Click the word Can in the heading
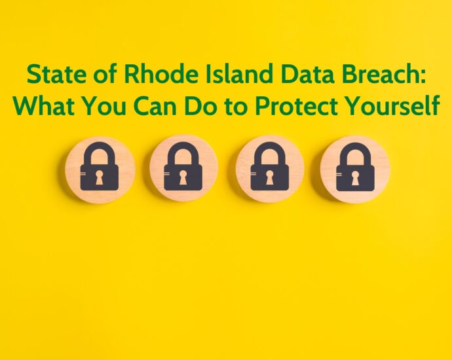(x=155, y=105)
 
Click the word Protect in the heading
(x=297, y=105)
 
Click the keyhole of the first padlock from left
(x=99, y=177)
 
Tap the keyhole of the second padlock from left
(x=183, y=177)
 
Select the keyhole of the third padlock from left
(x=269, y=177)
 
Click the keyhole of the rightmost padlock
(x=355, y=178)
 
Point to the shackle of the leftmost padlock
(x=99, y=145)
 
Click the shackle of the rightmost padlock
(x=355, y=145)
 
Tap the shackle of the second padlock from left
(x=183, y=145)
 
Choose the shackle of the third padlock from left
(x=269, y=145)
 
